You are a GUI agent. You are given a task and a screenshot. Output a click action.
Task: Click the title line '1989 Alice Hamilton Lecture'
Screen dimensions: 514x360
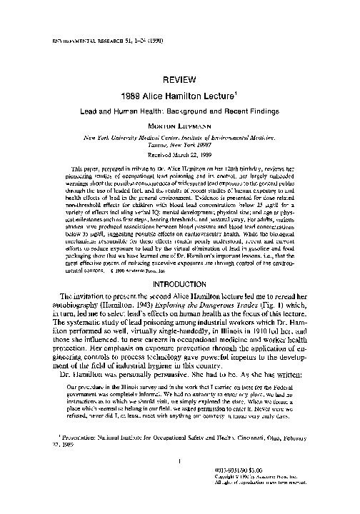click(178, 98)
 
